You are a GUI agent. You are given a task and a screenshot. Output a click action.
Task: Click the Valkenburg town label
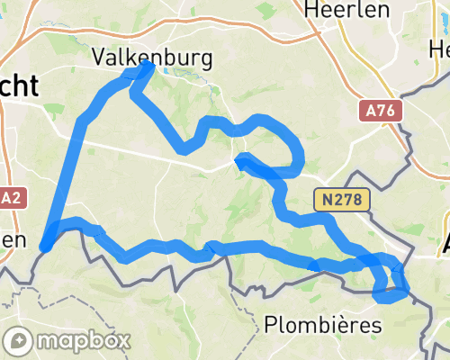pyautogui.click(x=153, y=58)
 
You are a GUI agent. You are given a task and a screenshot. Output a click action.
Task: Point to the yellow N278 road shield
pyautogui.click(x=344, y=200)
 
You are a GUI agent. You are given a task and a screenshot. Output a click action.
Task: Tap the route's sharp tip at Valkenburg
pyautogui.click(x=150, y=66)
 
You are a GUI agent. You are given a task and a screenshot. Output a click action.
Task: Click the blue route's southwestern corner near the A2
pyautogui.click(x=43, y=243)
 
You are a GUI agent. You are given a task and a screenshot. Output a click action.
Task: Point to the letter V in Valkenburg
pyautogui.click(x=100, y=58)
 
